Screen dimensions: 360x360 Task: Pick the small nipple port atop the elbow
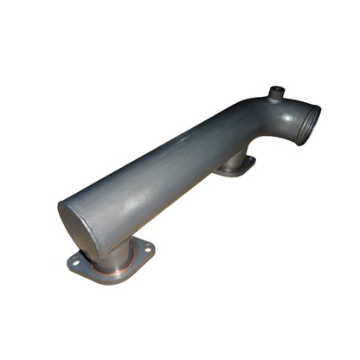tap(274, 93)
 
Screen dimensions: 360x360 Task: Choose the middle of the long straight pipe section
tap(164, 173)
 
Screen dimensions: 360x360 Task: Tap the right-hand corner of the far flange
tap(252, 160)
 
